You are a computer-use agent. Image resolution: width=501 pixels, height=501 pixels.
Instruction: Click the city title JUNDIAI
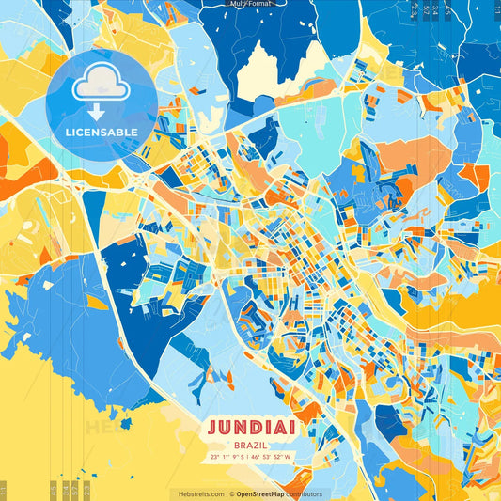coord(250,428)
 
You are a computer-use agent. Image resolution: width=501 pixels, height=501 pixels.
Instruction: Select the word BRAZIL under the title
coord(250,444)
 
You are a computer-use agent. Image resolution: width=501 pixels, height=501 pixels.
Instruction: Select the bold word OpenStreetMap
coord(260,493)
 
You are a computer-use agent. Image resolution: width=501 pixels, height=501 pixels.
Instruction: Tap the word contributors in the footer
coord(305,493)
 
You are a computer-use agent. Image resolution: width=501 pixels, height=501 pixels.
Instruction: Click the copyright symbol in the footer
coord(231,493)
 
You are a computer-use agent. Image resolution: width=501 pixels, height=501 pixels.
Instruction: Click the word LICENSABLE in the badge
coord(101,132)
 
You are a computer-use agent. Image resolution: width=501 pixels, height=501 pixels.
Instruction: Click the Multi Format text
coord(250,4)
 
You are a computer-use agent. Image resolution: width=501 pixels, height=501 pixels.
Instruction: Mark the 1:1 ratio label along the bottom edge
coord(4,490)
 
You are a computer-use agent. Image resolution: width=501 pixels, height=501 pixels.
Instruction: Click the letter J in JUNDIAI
coord(212,428)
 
